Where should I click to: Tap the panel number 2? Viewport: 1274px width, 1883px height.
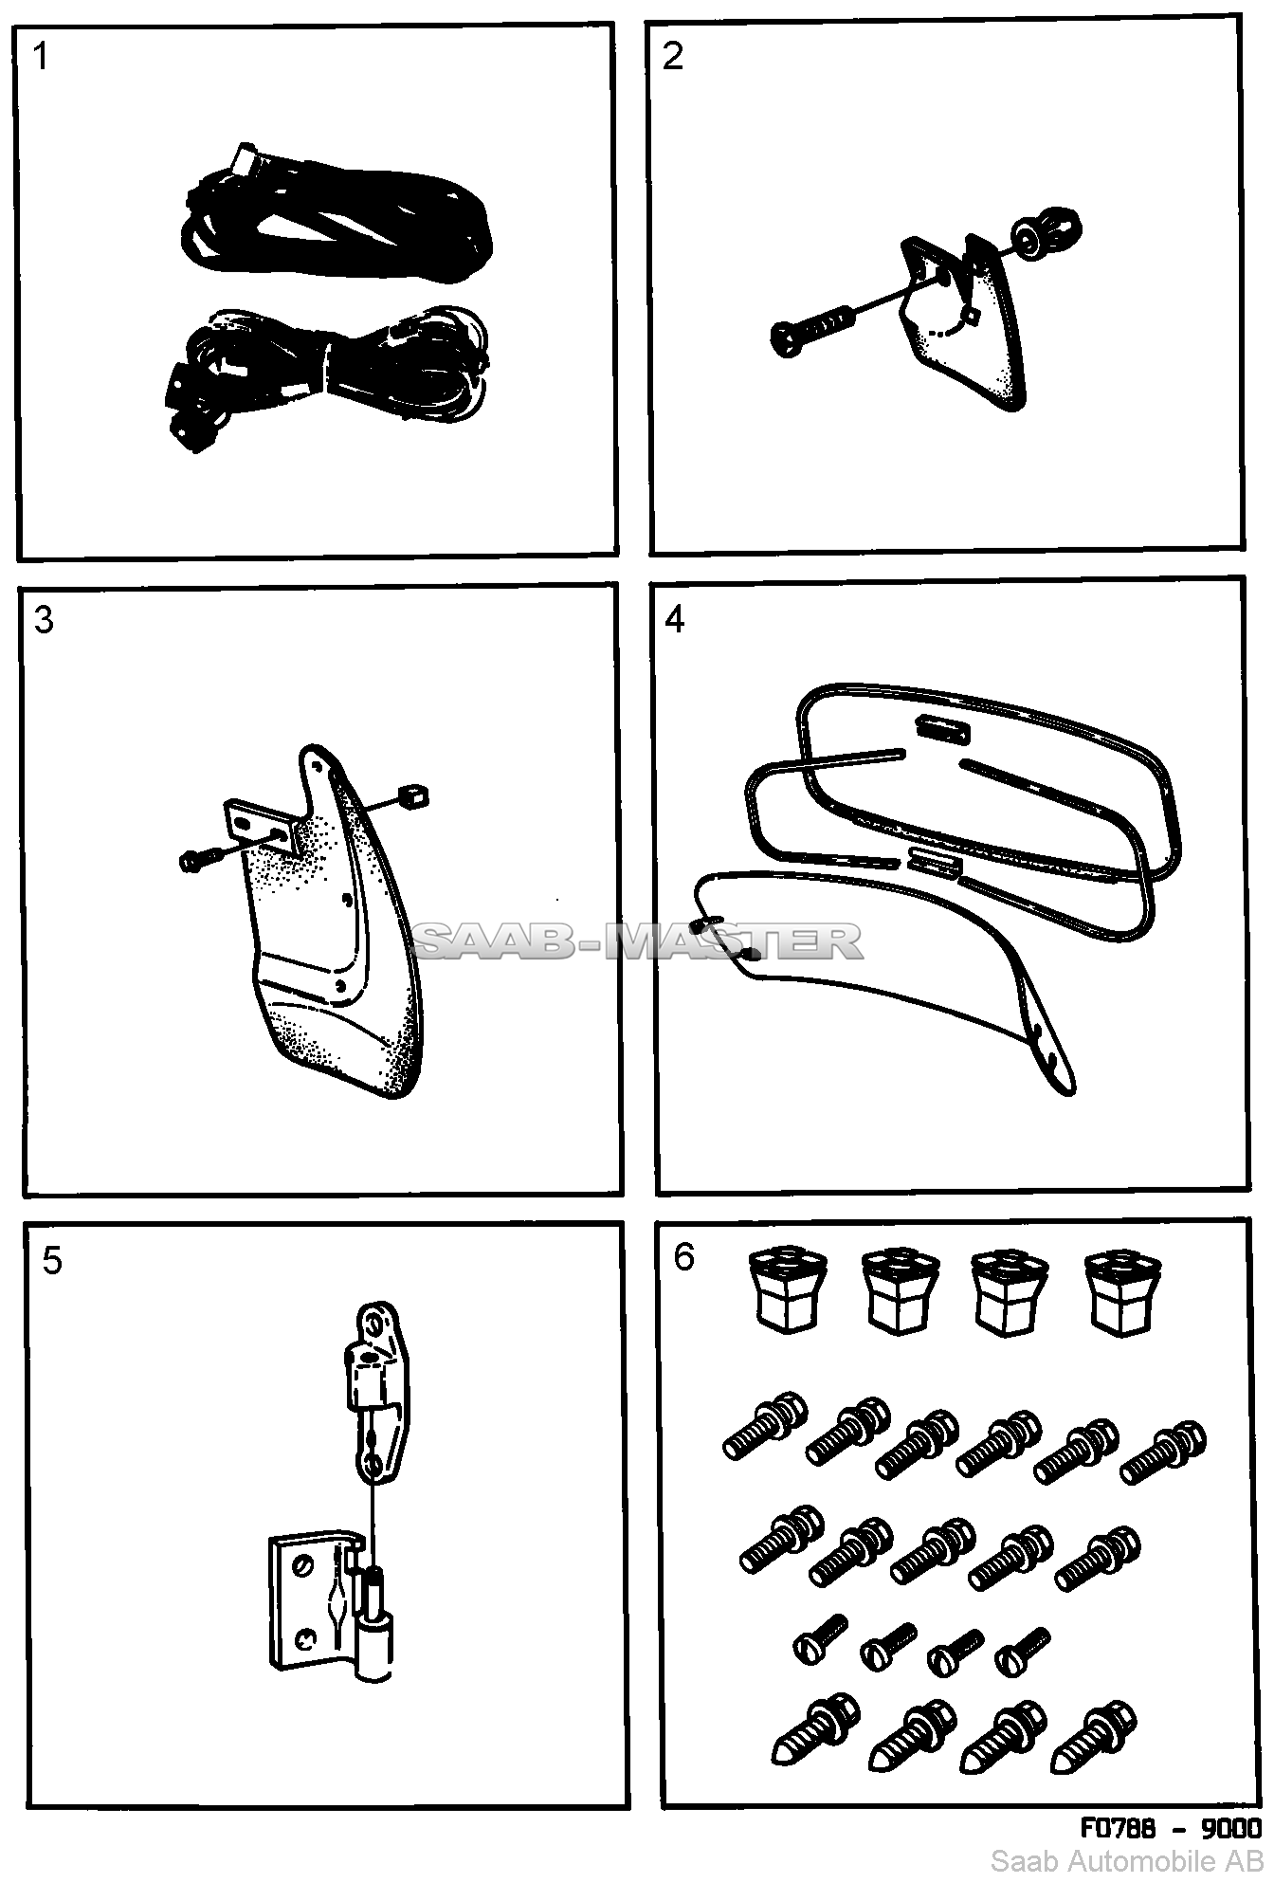(673, 57)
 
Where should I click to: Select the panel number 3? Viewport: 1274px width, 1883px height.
(44, 620)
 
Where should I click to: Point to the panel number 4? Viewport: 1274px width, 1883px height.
(675, 620)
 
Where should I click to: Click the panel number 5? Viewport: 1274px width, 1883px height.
(52, 1262)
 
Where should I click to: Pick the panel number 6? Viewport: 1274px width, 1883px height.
(683, 1257)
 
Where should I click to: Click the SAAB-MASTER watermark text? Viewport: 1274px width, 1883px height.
(636, 941)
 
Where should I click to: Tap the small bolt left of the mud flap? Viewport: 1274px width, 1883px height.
(198, 860)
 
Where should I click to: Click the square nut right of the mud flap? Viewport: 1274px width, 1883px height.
(413, 796)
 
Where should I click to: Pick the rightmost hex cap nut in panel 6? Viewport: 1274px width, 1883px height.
(1123, 1291)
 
